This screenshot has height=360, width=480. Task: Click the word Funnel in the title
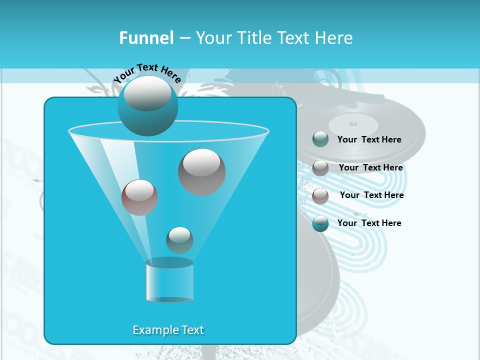coord(146,38)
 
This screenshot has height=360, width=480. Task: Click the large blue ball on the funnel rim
coord(147,106)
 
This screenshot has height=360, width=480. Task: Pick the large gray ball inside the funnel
coord(201,172)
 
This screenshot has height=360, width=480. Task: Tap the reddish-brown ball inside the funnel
coord(139,197)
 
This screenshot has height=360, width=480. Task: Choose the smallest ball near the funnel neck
coord(179,240)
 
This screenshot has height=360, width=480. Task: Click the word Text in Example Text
coord(191,330)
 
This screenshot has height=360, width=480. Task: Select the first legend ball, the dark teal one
coord(320,139)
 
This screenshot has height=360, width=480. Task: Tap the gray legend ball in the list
coord(320,167)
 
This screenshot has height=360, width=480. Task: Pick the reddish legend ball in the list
coord(320,195)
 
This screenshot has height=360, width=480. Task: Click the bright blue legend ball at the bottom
coord(320,223)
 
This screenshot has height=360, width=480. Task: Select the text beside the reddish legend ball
coord(371,195)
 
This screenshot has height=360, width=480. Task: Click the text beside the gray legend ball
coord(370,167)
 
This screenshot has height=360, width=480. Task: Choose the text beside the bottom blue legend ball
coord(369,223)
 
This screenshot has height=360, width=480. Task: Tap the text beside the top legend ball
coord(369,139)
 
